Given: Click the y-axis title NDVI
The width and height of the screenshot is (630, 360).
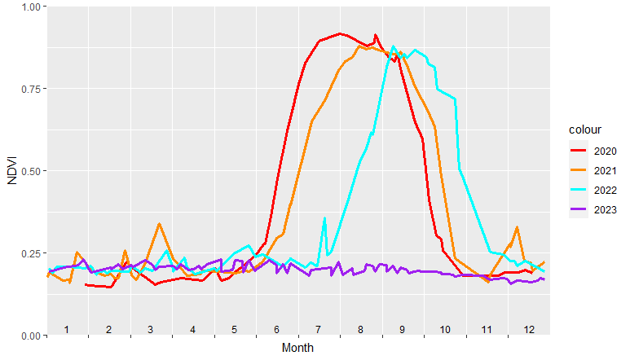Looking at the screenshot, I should tap(11, 171).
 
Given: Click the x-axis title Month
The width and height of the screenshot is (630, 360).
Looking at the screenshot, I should tap(297, 348).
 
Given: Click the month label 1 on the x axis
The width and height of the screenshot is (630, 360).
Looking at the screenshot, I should tap(67, 329).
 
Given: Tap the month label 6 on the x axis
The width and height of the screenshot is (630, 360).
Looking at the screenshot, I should tap(277, 329).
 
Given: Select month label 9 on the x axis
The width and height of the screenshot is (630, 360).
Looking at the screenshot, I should tap(403, 329).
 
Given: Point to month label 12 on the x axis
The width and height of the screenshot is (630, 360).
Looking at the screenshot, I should tap(529, 329).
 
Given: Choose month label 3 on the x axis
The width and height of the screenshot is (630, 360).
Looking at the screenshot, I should tap(151, 329).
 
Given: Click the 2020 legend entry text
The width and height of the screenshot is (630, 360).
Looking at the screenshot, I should tap(606, 151).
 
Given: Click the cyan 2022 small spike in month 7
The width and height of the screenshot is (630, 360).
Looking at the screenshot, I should tap(324, 218).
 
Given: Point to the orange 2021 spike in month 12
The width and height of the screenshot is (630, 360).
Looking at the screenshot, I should tap(517, 228).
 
